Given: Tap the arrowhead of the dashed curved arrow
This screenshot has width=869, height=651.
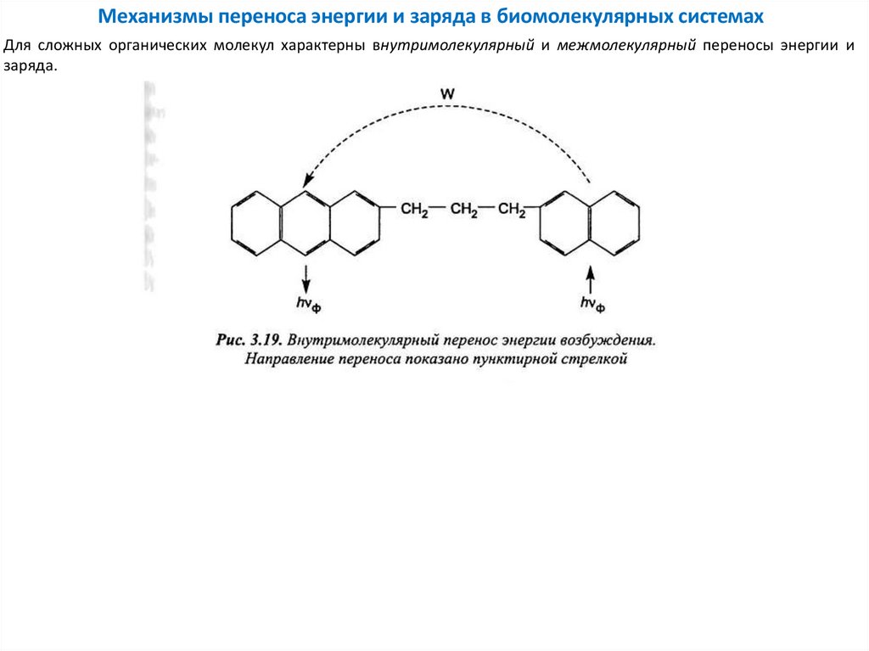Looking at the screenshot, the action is (306, 180).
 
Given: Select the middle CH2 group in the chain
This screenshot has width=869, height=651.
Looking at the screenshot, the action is (463, 210).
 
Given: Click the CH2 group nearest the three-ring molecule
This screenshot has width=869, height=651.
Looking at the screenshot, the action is (415, 210).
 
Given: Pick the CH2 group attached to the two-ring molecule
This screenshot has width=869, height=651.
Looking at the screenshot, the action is (513, 210).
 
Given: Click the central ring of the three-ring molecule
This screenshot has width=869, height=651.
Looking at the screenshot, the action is (304, 222).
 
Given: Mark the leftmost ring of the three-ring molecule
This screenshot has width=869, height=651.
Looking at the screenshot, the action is (255, 222).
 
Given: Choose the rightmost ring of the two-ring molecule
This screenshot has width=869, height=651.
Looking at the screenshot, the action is (615, 222).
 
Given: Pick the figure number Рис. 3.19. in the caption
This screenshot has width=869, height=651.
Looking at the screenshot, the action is (248, 340).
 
